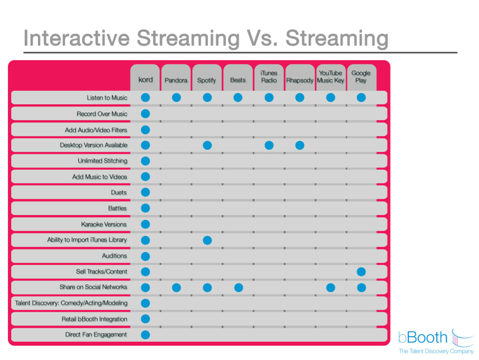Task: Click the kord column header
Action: tap(146, 80)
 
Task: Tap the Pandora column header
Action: tap(176, 80)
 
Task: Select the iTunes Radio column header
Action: tap(269, 77)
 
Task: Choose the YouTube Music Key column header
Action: tap(331, 77)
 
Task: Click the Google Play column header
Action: tap(361, 77)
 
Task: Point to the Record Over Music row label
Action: tap(102, 113)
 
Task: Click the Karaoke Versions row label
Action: tap(104, 224)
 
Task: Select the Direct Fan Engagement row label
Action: tap(96, 335)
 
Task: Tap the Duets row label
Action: tap(119, 193)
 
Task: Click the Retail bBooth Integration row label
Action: tap(94, 319)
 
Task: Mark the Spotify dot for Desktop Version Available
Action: tap(207, 145)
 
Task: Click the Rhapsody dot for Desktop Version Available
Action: tap(300, 145)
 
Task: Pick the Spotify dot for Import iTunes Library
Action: tap(207, 240)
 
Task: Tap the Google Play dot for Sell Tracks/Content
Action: tap(361, 272)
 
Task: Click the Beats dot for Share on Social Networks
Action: tap(238, 288)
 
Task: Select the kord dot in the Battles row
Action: tap(146, 208)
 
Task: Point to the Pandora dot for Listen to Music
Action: tap(176, 98)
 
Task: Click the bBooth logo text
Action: tap(423, 338)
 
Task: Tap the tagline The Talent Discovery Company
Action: tap(436, 351)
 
